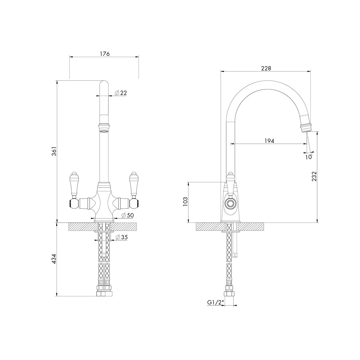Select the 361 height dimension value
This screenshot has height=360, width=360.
pos(54,151)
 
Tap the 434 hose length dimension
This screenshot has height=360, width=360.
pos(54,259)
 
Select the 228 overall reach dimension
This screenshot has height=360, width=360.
pos(266,68)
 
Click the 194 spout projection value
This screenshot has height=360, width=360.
pos(269,141)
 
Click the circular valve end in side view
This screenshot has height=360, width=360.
pos(230,203)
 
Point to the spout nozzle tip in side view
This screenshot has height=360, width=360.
pos(306,127)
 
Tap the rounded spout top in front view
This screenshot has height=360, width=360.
pos(104,84)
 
